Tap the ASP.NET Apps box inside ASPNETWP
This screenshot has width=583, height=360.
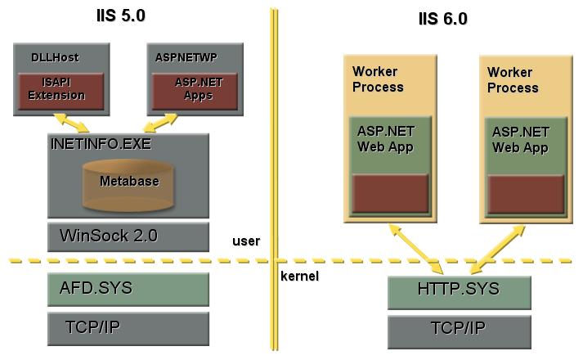point(194,89)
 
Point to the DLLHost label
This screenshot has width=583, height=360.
point(46,56)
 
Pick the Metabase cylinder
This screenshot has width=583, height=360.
point(128,183)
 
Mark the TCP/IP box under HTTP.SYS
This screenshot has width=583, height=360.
point(459,331)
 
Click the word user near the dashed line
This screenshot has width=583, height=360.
point(246,241)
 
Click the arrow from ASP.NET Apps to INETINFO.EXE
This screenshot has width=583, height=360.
point(173,121)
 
